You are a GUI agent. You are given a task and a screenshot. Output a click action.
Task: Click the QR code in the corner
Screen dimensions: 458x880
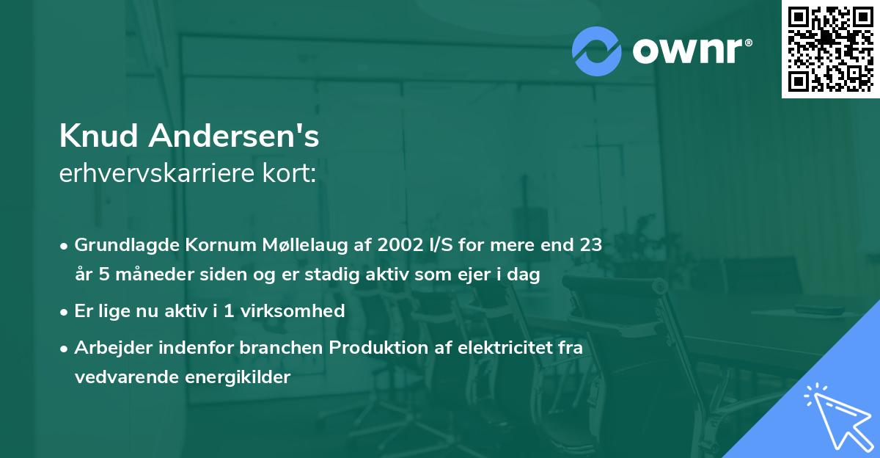[x=831, y=48]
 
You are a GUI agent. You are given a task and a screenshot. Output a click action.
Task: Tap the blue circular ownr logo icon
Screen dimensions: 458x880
[x=597, y=51]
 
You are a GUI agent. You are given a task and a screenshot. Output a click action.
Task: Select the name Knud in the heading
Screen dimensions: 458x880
[x=100, y=136]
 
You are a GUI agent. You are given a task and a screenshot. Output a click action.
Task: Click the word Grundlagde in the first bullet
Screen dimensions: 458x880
[x=119, y=245]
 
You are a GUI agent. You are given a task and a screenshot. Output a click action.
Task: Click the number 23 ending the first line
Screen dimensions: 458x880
[x=590, y=245]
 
